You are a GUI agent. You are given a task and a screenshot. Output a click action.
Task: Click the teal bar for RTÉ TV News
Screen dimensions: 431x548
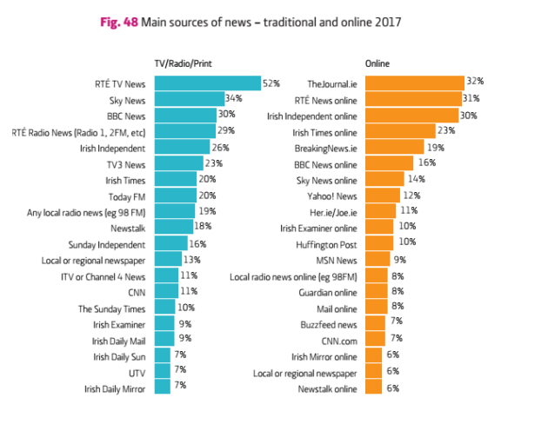[x=207, y=83]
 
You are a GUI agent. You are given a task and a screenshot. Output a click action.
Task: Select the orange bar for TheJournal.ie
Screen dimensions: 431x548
[x=414, y=83]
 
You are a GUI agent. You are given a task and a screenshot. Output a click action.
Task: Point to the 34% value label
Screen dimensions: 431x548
[x=233, y=100]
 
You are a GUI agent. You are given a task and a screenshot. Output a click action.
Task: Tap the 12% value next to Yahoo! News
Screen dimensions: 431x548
[x=411, y=196]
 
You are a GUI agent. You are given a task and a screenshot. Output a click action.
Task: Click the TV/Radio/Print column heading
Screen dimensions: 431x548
[x=184, y=64]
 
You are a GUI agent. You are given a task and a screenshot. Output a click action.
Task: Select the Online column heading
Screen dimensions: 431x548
[x=378, y=64]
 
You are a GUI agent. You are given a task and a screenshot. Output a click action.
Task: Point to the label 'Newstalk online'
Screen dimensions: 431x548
[x=327, y=388]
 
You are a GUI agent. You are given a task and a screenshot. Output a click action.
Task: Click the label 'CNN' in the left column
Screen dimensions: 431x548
[x=137, y=292]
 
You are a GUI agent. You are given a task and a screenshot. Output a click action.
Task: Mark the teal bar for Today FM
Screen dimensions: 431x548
[x=175, y=196]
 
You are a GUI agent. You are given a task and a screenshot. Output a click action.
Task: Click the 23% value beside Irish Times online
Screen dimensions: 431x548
[x=446, y=131]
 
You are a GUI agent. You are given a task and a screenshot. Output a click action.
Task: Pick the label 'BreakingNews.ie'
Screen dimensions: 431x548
[x=327, y=148]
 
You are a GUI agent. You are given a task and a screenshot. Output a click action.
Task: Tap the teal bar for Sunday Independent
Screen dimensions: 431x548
[x=170, y=243]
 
